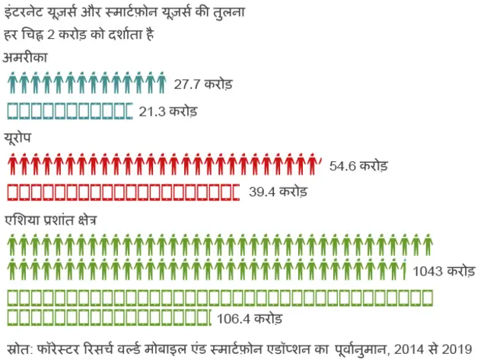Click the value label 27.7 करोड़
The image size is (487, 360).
[x=202, y=83]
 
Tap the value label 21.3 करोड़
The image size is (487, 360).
[x=168, y=111]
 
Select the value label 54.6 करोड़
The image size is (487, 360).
[x=358, y=165]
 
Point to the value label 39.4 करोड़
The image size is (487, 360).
[x=278, y=192]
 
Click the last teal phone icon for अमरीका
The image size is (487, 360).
[x=127, y=111]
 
